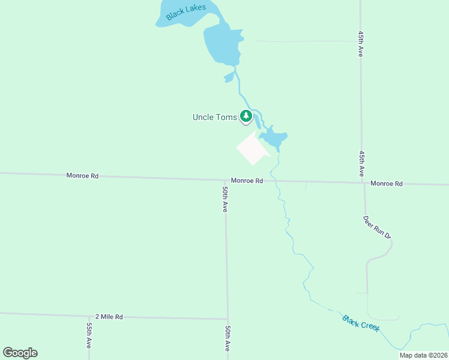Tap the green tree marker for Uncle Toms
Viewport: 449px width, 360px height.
click(246, 116)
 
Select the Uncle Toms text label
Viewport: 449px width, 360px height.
click(214, 117)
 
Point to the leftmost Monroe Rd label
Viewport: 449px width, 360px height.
click(82, 176)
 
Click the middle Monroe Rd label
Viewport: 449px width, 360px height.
click(247, 181)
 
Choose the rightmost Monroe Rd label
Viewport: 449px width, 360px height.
click(386, 184)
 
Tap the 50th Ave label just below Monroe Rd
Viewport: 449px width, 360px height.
click(224, 199)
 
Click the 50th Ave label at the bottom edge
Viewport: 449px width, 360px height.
click(228, 338)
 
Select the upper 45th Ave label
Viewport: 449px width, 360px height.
click(361, 44)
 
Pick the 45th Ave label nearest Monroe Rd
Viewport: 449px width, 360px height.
click(361, 163)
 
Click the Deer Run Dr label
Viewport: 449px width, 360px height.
click(377, 227)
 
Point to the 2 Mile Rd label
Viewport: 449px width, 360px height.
click(109, 316)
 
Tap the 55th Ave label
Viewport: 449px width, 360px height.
click(89, 335)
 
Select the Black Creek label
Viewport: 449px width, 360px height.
click(361, 324)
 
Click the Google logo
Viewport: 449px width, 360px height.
click(20, 353)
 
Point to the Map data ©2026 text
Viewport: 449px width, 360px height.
click(423, 355)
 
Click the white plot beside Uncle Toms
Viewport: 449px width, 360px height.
click(252, 149)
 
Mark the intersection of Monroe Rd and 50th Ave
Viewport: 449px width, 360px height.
click(225, 179)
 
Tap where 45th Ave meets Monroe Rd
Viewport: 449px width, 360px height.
click(364, 183)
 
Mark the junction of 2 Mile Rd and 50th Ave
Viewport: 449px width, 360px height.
click(228, 319)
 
